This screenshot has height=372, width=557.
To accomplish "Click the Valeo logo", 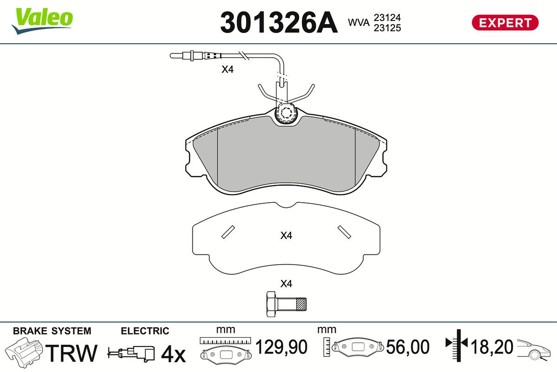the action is [x=42, y=21].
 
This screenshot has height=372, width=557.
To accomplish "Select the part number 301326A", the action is [x=279, y=22].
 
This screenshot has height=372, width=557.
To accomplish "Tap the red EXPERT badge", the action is [x=505, y=23].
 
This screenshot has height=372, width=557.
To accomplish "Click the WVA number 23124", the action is [x=388, y=18].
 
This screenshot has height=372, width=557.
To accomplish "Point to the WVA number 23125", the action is [x=388, y=28].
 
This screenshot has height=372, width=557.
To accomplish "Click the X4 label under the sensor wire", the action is [x=227, y=69].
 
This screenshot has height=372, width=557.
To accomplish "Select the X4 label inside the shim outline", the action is [x=286, y=235].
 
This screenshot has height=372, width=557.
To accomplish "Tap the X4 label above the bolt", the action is [x=286, y=284].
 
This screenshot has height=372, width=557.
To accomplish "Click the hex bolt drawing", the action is [x=286, y=304].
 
